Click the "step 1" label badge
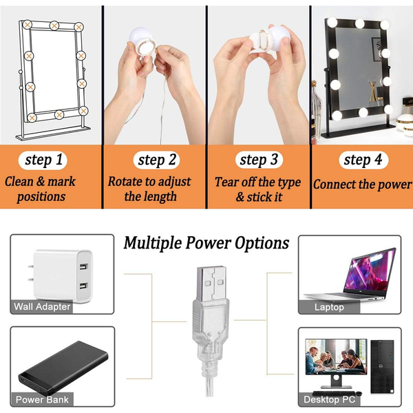[43, 160]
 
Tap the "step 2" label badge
[156, 160]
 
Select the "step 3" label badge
[259, 160]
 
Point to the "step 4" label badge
[363, 160]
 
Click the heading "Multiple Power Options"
[206, 242]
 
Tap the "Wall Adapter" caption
[42, 306]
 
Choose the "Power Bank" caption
[42, 399]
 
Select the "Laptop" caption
[329, 307]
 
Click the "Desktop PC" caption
[329, 399]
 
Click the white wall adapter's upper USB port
[83, 266]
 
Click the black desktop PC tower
[382, 366]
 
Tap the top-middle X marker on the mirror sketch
[54, 25]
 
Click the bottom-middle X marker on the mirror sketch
[59, 114]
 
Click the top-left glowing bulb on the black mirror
[332, 22]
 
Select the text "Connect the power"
[362, 184]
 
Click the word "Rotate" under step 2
[127, 182]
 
